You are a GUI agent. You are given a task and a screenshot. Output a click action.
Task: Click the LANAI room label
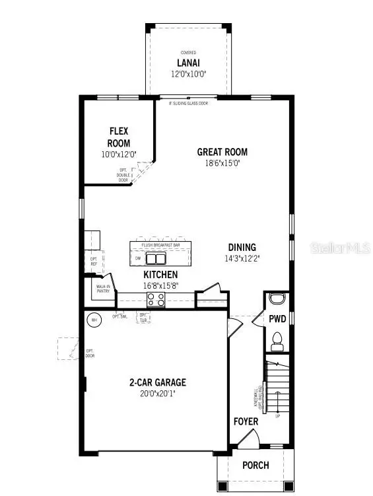(x=187, y=63)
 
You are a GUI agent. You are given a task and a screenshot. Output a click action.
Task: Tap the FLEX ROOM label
(x=119, y=137)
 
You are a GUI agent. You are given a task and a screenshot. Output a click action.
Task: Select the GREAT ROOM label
(x=222, y=152)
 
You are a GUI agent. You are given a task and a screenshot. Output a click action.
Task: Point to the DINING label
(x=242, y=248)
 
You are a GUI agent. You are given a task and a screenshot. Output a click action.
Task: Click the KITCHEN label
(x=160, y=274)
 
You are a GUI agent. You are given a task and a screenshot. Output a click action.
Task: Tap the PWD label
(x=277, y=319)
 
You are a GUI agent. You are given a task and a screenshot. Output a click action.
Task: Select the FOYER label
(x=246, y=421)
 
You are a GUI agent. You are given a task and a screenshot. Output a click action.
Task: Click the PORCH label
(x=255, y=465)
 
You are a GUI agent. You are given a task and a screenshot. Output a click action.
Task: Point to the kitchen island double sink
(x=156, y=258)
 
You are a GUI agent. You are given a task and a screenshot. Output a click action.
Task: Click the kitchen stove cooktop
(x=155, y=299)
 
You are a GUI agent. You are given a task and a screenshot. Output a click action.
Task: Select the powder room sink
(x=277, y=298)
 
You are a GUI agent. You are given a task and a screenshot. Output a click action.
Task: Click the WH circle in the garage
(x=94, y=320)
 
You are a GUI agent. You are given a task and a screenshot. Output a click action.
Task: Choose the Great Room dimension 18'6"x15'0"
(x=222, y=163)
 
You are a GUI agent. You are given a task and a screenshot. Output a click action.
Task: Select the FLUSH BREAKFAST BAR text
(x=160, y=245)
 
